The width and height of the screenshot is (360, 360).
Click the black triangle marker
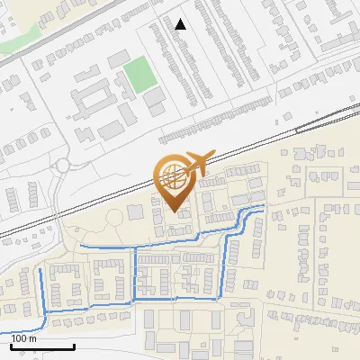click(181, 24)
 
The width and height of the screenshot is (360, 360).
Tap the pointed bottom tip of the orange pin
click(175, 211)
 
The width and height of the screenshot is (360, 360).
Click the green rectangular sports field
click(139, 75)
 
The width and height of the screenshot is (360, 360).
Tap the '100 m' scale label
click(24, 339)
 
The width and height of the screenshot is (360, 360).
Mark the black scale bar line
click(42, 346)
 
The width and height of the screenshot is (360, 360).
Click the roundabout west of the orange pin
click(62, 166)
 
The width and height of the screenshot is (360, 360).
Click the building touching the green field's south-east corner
click(156, 94)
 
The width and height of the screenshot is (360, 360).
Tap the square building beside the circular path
click(136, 212)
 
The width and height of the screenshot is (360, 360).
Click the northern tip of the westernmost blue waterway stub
click(40, 267)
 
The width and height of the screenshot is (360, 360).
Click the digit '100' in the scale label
click(19, 339)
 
